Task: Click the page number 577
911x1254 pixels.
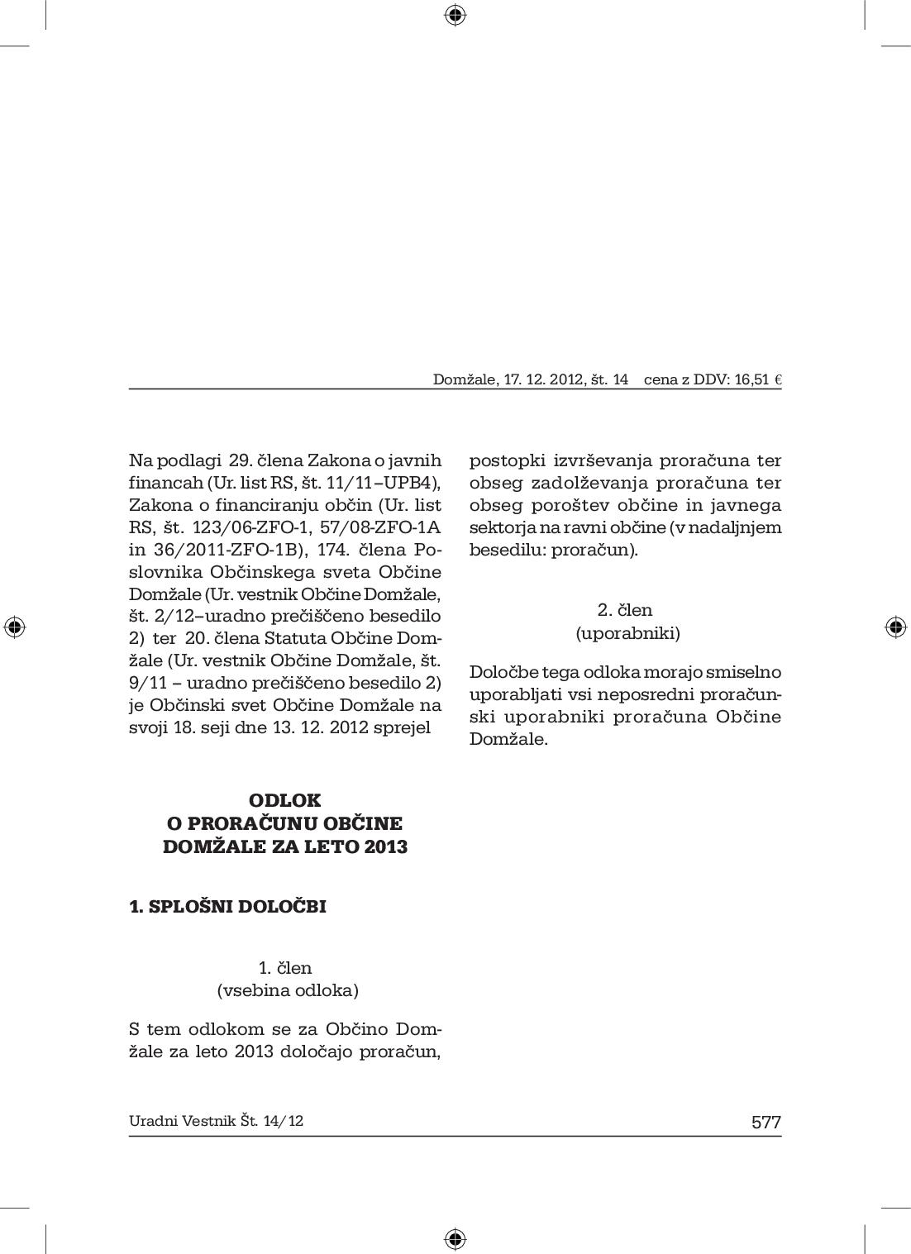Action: (766, 1122)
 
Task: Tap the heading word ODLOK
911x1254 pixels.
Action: (284, 800)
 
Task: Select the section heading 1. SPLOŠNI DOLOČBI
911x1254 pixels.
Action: (228, 906)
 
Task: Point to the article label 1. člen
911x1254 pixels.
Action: (285, 967)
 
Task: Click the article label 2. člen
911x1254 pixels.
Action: (625, 610)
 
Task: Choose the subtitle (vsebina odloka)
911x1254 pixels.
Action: (288, 990)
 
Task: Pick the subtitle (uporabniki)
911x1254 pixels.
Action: (627, 633)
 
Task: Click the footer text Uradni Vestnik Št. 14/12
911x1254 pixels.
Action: (216, 1121)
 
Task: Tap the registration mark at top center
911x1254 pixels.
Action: (455, 15)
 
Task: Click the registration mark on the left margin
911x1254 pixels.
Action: (14, 627)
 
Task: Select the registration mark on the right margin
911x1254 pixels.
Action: (895, 627)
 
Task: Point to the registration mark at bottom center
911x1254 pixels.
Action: (455, 1238)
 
